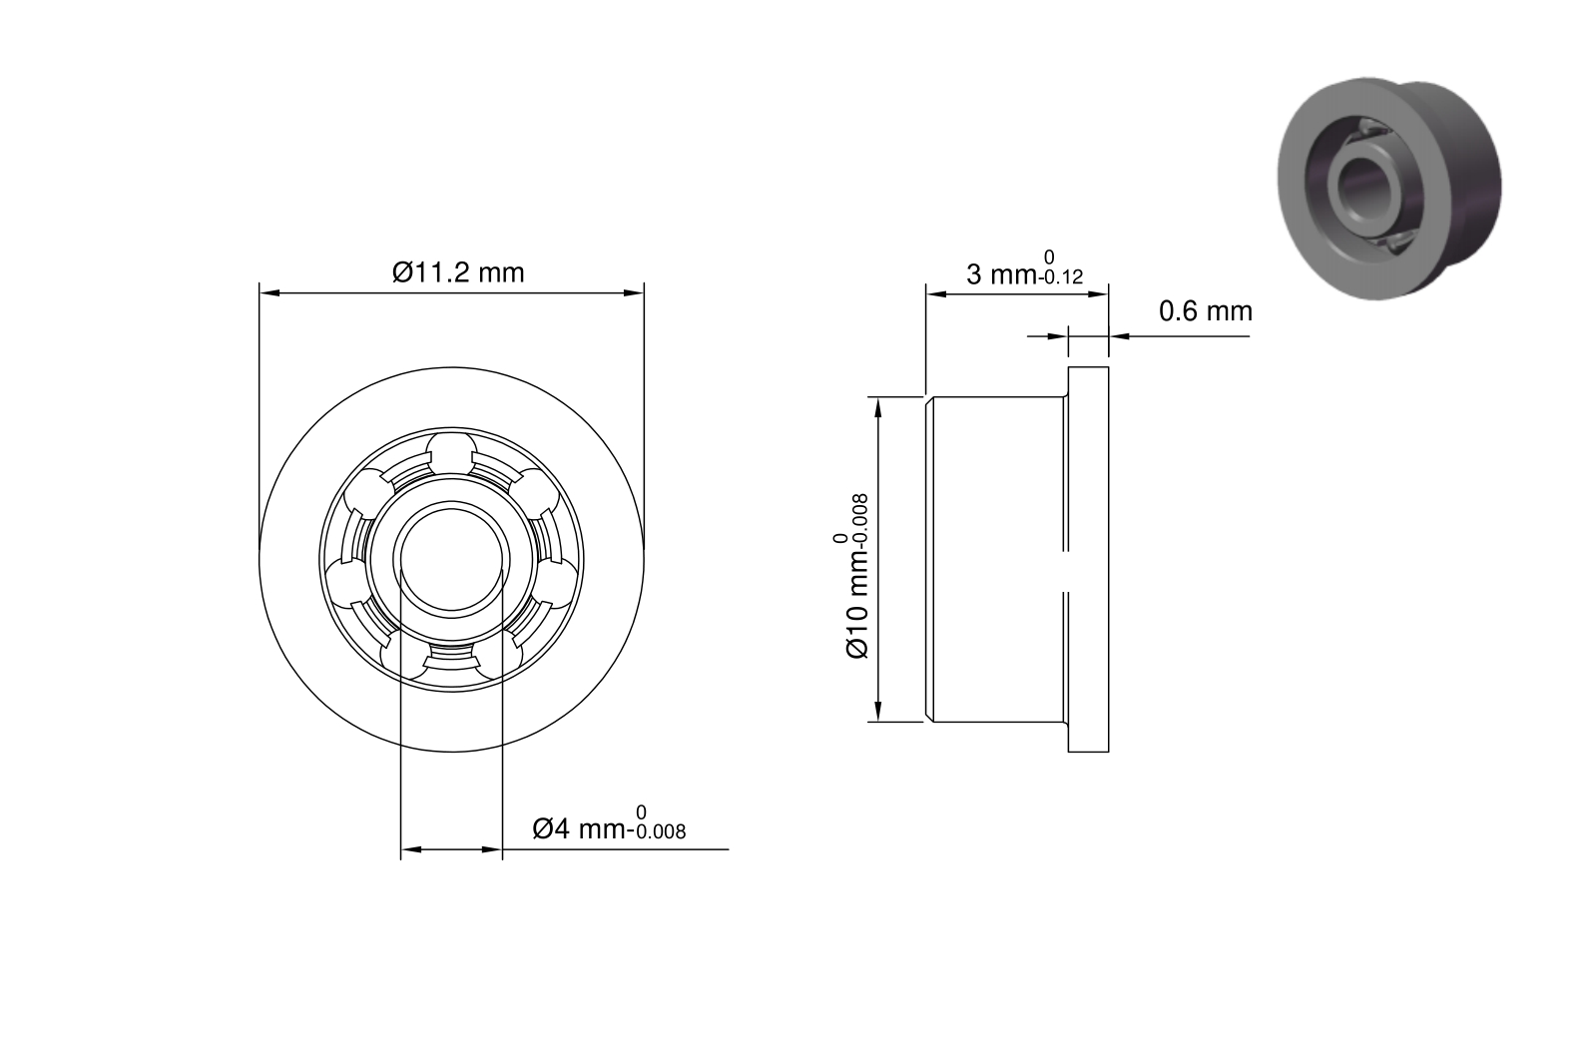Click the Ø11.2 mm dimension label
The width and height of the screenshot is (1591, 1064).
(458, 272)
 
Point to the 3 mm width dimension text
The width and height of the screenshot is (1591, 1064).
(1024, 269)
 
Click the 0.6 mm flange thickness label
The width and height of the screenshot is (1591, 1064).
(1206, 311)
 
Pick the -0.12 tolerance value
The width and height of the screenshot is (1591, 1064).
(1060, 277)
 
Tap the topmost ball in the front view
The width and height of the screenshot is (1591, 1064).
(452, 452)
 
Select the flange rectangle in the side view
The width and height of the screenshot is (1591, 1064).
(1088, 559)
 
